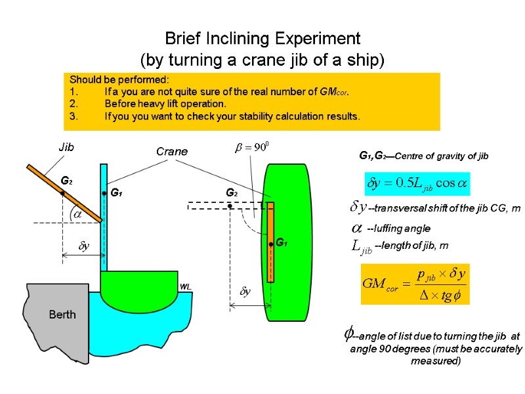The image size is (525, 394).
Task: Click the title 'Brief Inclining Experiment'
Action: click(x=262, y=37)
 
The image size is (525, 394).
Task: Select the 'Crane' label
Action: click(x=171, y=152)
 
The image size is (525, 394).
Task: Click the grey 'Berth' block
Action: click(x=62, y=315)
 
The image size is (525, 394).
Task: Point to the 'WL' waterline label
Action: click(x=184, y=288)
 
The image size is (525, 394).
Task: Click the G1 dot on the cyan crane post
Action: click(x=104, y=193)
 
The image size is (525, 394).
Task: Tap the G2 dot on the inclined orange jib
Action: click(x=62, y=192)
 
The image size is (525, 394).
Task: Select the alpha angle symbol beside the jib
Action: click(x=77, y=214)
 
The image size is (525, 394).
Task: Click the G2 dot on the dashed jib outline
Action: click(x=230, y=206)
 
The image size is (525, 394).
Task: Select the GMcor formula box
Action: click(x=415, y=283)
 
